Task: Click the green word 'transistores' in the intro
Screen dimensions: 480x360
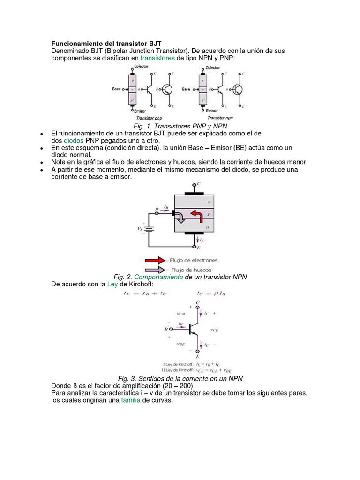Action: [157, 58]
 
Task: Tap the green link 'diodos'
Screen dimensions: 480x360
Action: [74, 141]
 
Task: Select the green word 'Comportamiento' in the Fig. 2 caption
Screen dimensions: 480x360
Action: [159, 277]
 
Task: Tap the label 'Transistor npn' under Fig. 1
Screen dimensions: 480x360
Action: [220, 118]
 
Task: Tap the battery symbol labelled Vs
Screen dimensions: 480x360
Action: [149, 229]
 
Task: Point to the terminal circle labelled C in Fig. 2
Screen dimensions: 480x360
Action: [196, 185]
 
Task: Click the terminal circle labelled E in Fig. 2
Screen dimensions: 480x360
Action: [196, 245]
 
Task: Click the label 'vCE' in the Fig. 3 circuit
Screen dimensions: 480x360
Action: [214, 330]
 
